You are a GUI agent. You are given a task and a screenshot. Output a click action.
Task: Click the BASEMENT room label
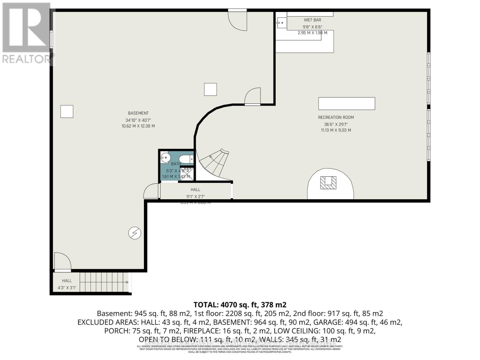[x=138, y=113]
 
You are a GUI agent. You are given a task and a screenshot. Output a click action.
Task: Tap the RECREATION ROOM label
[x=336, y=117]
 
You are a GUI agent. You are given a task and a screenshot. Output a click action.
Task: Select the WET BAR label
[x=312, y=20]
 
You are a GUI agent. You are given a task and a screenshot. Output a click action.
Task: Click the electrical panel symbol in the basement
[x=135, y=233]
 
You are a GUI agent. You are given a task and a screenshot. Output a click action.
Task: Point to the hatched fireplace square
[x=328, y=182]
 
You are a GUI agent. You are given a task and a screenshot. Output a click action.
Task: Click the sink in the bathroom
[x=165, y=157]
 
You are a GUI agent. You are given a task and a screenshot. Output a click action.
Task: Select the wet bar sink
[x=281, y=22]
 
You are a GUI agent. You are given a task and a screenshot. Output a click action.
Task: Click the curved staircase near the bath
[x=214, y=163]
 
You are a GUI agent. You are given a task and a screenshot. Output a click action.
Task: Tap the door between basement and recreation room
[x=253, y=97]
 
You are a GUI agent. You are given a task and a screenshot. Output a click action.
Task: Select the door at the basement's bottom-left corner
[x=62, y=261]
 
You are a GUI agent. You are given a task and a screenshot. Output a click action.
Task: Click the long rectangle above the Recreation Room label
[x=346, y=103]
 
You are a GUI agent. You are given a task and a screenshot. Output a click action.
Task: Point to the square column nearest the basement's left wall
[x=67, y=111]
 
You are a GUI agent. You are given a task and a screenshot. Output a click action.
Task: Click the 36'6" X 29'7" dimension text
[x=336, y=124]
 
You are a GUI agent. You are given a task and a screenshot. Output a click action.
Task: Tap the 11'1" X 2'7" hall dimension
[x=195, y=197]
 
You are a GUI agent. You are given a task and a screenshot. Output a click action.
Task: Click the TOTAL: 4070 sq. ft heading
[x=240, y=305]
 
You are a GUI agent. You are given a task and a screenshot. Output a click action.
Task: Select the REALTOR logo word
[x=27, y=59]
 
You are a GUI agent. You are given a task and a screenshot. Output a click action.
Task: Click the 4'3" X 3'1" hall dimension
[x=67, y=288]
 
